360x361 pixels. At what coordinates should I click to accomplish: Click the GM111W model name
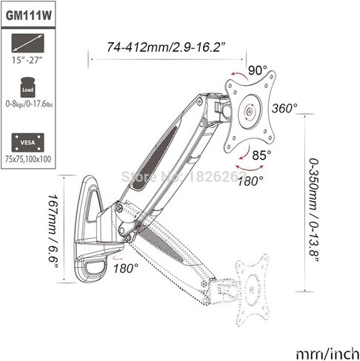[x=29, y=16]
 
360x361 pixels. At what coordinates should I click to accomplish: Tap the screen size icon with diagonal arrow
[x=28, y=43]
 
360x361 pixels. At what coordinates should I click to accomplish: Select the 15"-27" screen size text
[x=27, y=60]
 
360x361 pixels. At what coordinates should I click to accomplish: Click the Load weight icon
[x=27, y=87]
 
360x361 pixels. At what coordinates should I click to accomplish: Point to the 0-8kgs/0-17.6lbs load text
[x=29, y=104]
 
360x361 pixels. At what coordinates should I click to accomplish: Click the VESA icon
[x=28, y=143]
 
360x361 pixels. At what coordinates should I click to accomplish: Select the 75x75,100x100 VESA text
[x=28, y=159]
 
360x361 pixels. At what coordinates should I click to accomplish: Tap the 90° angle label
[x=258, y=70]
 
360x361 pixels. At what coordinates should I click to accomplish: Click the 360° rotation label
[x=284, y=108]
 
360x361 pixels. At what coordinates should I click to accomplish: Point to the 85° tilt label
[x=261, y=155]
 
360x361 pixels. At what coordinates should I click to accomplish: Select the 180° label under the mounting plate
[x=250, y=181]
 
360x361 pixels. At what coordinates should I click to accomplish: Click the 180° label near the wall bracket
[x=126, y=268]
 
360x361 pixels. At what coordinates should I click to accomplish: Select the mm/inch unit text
[x=327, y=354]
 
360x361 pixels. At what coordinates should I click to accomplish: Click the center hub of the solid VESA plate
[x=250, y=112]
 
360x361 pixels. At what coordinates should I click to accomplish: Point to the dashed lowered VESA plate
[x=252, y=289]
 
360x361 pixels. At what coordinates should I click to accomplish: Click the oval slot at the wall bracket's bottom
[x=96, y=269]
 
